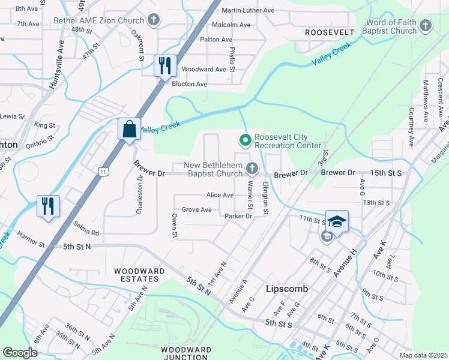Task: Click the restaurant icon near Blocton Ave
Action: click(x=165, y=65)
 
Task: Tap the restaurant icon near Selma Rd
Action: click(x=47, y=206)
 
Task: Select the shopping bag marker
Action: click(x=129, y=128)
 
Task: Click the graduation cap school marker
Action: click(x=337, y=221)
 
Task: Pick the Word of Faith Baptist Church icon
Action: click(x=426, y=26)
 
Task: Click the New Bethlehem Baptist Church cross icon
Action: click(x=252, y=168)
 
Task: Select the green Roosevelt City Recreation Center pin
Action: click(x=245, y=140)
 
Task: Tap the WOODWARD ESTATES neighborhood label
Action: click(x=139, y=275)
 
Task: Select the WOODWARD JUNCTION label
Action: click(x=185, y=353)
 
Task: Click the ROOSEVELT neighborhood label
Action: click(x=330, y=31)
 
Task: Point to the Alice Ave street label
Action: click(x=220, y=195)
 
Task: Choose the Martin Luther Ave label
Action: click(x=247, y=10)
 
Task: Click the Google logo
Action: click(x=20, y=353)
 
